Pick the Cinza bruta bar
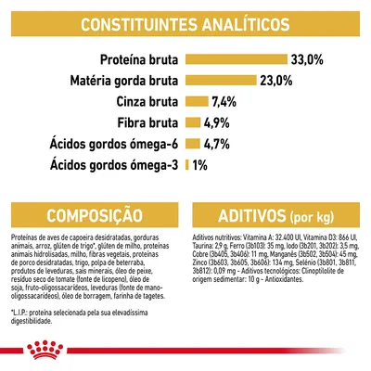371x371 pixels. point(197,101)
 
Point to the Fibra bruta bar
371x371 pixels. point(193,122)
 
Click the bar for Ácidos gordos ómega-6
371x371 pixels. point(192,144)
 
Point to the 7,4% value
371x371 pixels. point(228,101)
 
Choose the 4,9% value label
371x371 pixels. point(221,122)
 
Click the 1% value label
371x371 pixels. point(202,165)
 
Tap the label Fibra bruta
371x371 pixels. point(149,122)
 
